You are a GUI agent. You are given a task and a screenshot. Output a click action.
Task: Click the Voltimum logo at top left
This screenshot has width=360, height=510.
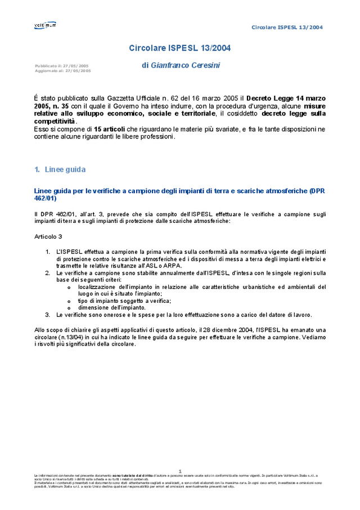click(x=45, y=25)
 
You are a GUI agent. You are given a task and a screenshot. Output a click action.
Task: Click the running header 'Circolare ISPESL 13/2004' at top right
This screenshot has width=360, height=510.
click(x=287, y=27)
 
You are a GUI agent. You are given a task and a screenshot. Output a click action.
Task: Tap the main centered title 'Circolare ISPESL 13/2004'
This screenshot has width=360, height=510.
click(x=179, y=48)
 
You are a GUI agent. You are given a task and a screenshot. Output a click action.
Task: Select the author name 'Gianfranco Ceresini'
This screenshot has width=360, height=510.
click(x=185, y=66)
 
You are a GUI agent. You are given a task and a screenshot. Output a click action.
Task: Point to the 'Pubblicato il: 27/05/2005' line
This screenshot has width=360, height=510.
click(x=61, y=66)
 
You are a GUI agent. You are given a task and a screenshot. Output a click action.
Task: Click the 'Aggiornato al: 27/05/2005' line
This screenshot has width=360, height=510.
click(x=62, y=71)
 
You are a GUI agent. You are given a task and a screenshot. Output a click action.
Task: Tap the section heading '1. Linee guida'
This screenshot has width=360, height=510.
click(x=60, y=169)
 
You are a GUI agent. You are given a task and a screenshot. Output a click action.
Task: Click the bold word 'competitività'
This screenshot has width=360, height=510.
click(x=55, y=121)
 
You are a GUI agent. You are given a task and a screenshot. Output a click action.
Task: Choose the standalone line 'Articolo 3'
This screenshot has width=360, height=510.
click(x=48, y=236)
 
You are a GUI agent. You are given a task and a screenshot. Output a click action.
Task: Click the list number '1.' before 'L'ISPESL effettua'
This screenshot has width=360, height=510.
click(x=48, y=252)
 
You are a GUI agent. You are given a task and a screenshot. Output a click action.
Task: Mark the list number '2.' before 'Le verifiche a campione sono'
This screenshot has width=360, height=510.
click(x=48, y=273)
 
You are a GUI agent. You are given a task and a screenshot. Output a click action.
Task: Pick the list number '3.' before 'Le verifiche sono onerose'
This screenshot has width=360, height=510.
click(x=48, y=315)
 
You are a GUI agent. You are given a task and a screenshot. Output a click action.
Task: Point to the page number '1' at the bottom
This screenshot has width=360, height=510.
click(x=180, y=471)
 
